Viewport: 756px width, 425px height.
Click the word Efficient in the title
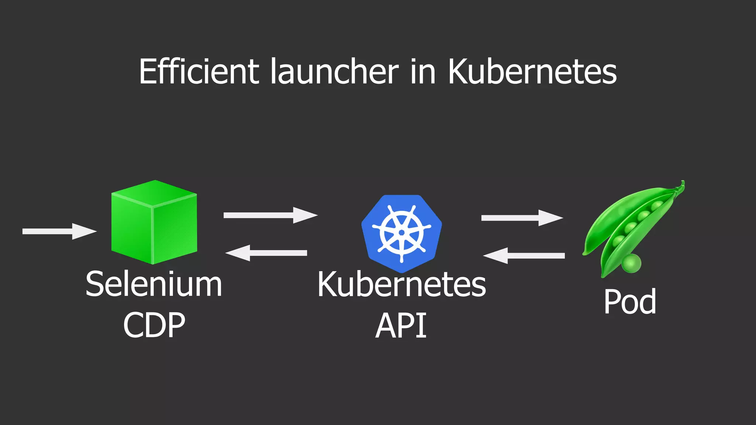[x=199, y=72]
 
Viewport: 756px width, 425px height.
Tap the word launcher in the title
[x=334, y=72]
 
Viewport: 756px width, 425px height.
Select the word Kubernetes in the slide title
[x=532, y=72]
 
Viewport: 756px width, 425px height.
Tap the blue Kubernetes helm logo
[x=402, y=233]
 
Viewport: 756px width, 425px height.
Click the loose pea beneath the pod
[x=632, y=263]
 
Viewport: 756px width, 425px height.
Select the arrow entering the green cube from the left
[x=59, y=231]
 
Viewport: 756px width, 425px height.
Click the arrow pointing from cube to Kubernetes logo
[x=270, y=215]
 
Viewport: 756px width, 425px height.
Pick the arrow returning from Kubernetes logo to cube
[x=266, y=253]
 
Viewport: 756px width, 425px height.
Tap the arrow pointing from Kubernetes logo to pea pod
[x=522, y=218]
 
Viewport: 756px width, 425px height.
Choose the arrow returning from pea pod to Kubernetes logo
[x=524, y=256]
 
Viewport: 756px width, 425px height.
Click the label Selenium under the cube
[x=154, y=284]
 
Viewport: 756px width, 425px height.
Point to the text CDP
[x=154, y=325]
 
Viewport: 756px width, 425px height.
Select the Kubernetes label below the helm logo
[x=402, y=284]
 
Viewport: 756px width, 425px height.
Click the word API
[x=401, y=325]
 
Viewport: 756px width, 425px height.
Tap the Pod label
[x=630, y=302]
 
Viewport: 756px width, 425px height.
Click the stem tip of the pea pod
[x=683, y=184]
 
